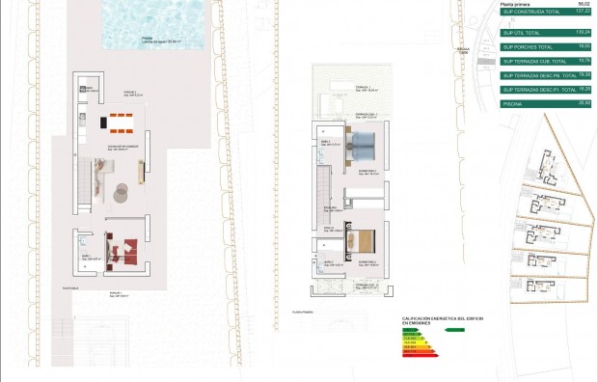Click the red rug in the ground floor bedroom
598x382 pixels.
point(123,251)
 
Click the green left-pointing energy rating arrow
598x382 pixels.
point(454,329)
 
